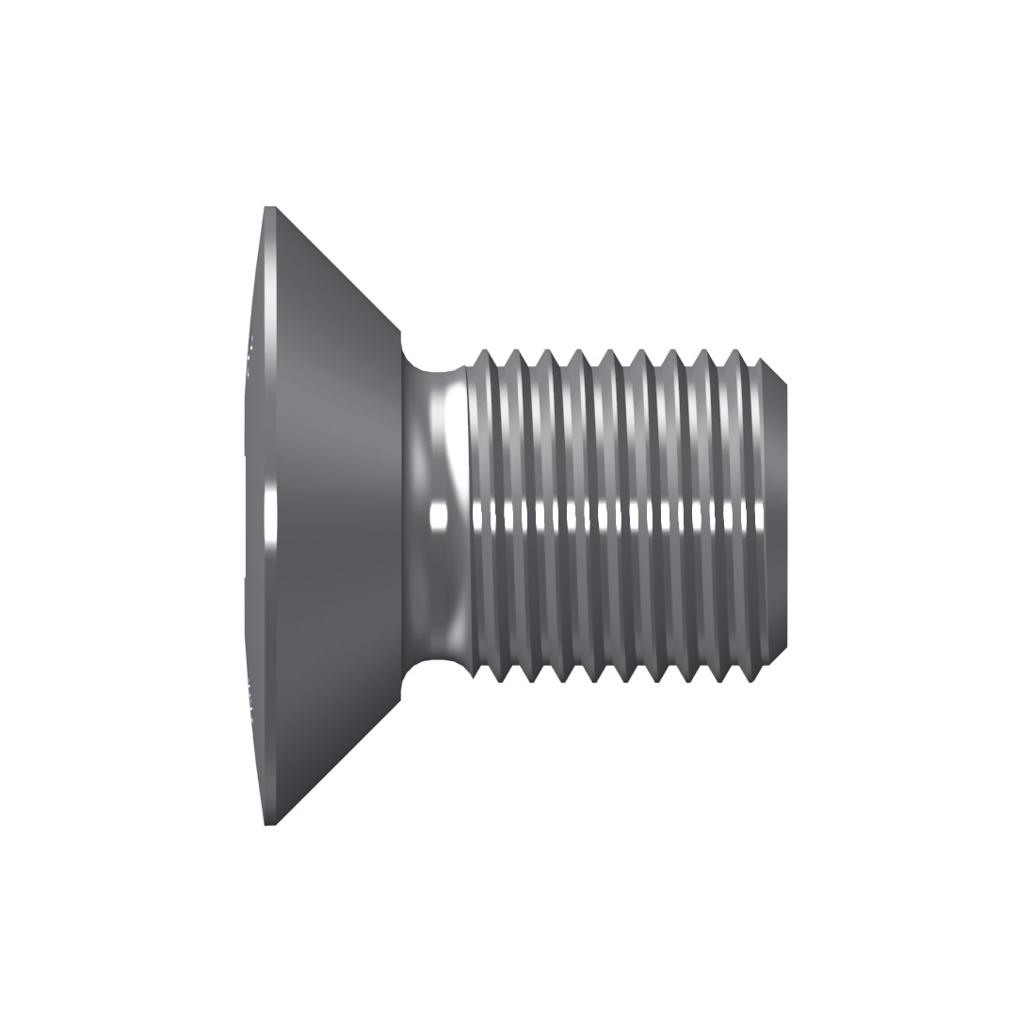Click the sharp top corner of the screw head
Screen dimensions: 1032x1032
270,207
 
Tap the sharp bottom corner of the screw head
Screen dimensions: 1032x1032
270,824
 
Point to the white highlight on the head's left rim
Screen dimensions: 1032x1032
271,517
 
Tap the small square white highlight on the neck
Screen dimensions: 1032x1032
438,516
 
